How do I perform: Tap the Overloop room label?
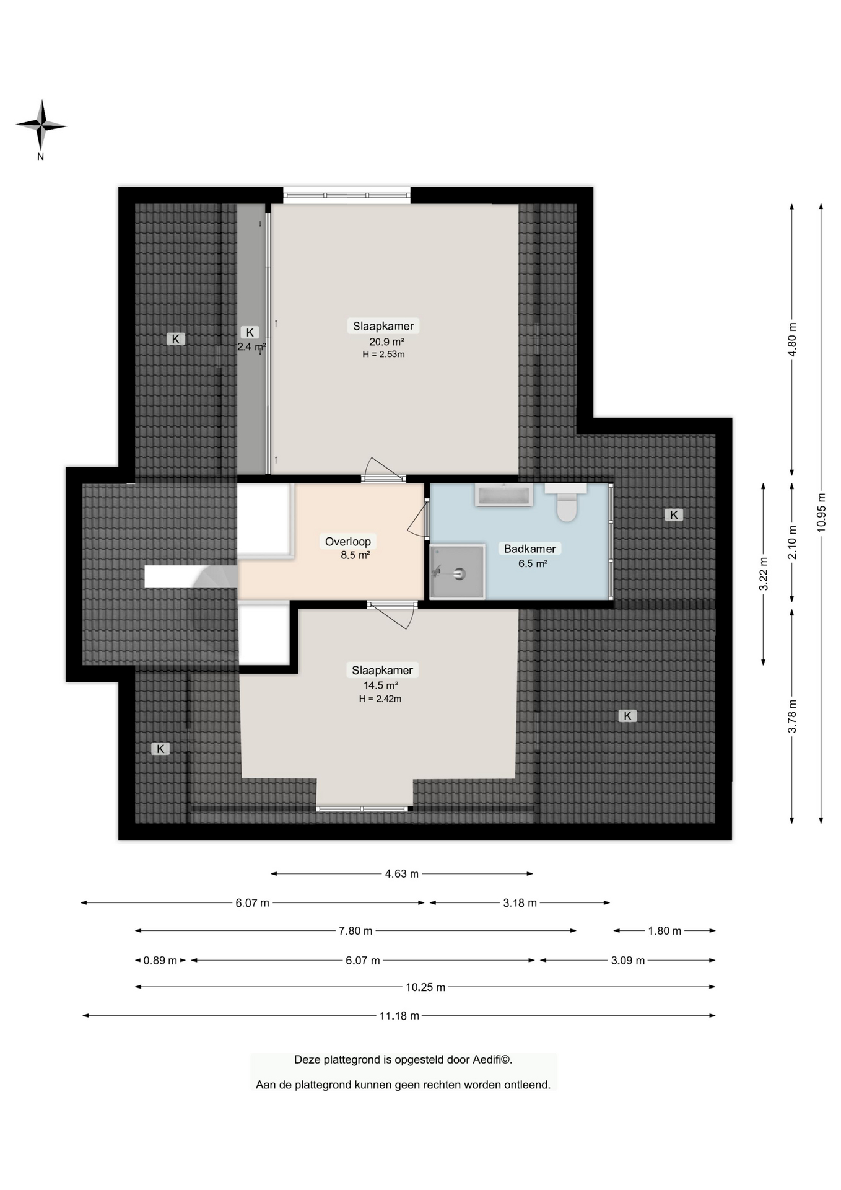point(348,541)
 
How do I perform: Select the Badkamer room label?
point(530,549)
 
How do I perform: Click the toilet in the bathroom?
point(566,502)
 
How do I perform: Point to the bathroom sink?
point(503,495)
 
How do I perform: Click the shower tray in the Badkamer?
point(457,571)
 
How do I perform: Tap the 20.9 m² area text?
point(386,342)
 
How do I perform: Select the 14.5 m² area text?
point(380,685)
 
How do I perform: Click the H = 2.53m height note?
point(383,355)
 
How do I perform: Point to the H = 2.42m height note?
point(380,699)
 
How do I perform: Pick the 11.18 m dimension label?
point(399,1015)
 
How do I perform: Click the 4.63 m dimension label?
point(402,874)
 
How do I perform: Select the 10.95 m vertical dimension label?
point(821,512)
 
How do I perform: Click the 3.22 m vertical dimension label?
point(764,574)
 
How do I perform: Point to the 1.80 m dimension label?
point(665,931)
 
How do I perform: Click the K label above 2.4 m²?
point(250,332)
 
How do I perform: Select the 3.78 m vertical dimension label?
point(792,716)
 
